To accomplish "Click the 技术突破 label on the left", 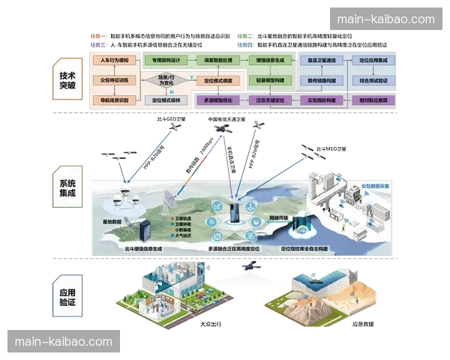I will point(67,75).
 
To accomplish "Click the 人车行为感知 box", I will point(114,59).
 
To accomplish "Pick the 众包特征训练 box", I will point(114,79).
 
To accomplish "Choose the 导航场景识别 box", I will point(114,100).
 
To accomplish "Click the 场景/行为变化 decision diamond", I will point(162,79).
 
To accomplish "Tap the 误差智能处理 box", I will point(220,59).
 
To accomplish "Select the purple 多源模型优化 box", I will point(222,100).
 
